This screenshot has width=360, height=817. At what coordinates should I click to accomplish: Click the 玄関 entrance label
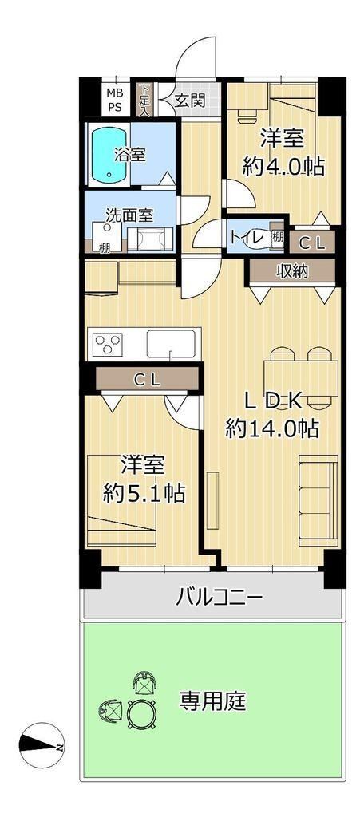click(190, 100)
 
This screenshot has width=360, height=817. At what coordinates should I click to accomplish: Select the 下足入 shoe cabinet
click(144, 100)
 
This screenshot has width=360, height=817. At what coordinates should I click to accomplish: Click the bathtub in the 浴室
click(109, 154)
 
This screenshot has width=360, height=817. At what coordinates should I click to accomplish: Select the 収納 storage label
click(291, 271)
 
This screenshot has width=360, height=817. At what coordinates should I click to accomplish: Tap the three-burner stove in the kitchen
click(108, 344)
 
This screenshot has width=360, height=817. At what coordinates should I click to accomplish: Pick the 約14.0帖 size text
click(272, 428)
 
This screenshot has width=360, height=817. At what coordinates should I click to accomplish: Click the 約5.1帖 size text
click(144, 493)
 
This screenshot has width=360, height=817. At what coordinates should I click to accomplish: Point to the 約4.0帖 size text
click(283, 167)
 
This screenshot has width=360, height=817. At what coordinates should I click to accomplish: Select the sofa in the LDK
click(318, 500)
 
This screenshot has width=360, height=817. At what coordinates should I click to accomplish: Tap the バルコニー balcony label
click(218, 595)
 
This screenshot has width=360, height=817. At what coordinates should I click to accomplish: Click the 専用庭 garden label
click(212, 702)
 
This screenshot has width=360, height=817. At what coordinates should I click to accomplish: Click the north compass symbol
click(42, 746)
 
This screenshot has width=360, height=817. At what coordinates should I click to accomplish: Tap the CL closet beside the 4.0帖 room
click(311, 243)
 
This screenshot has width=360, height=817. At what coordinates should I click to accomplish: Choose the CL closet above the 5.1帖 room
click(148, 379)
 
